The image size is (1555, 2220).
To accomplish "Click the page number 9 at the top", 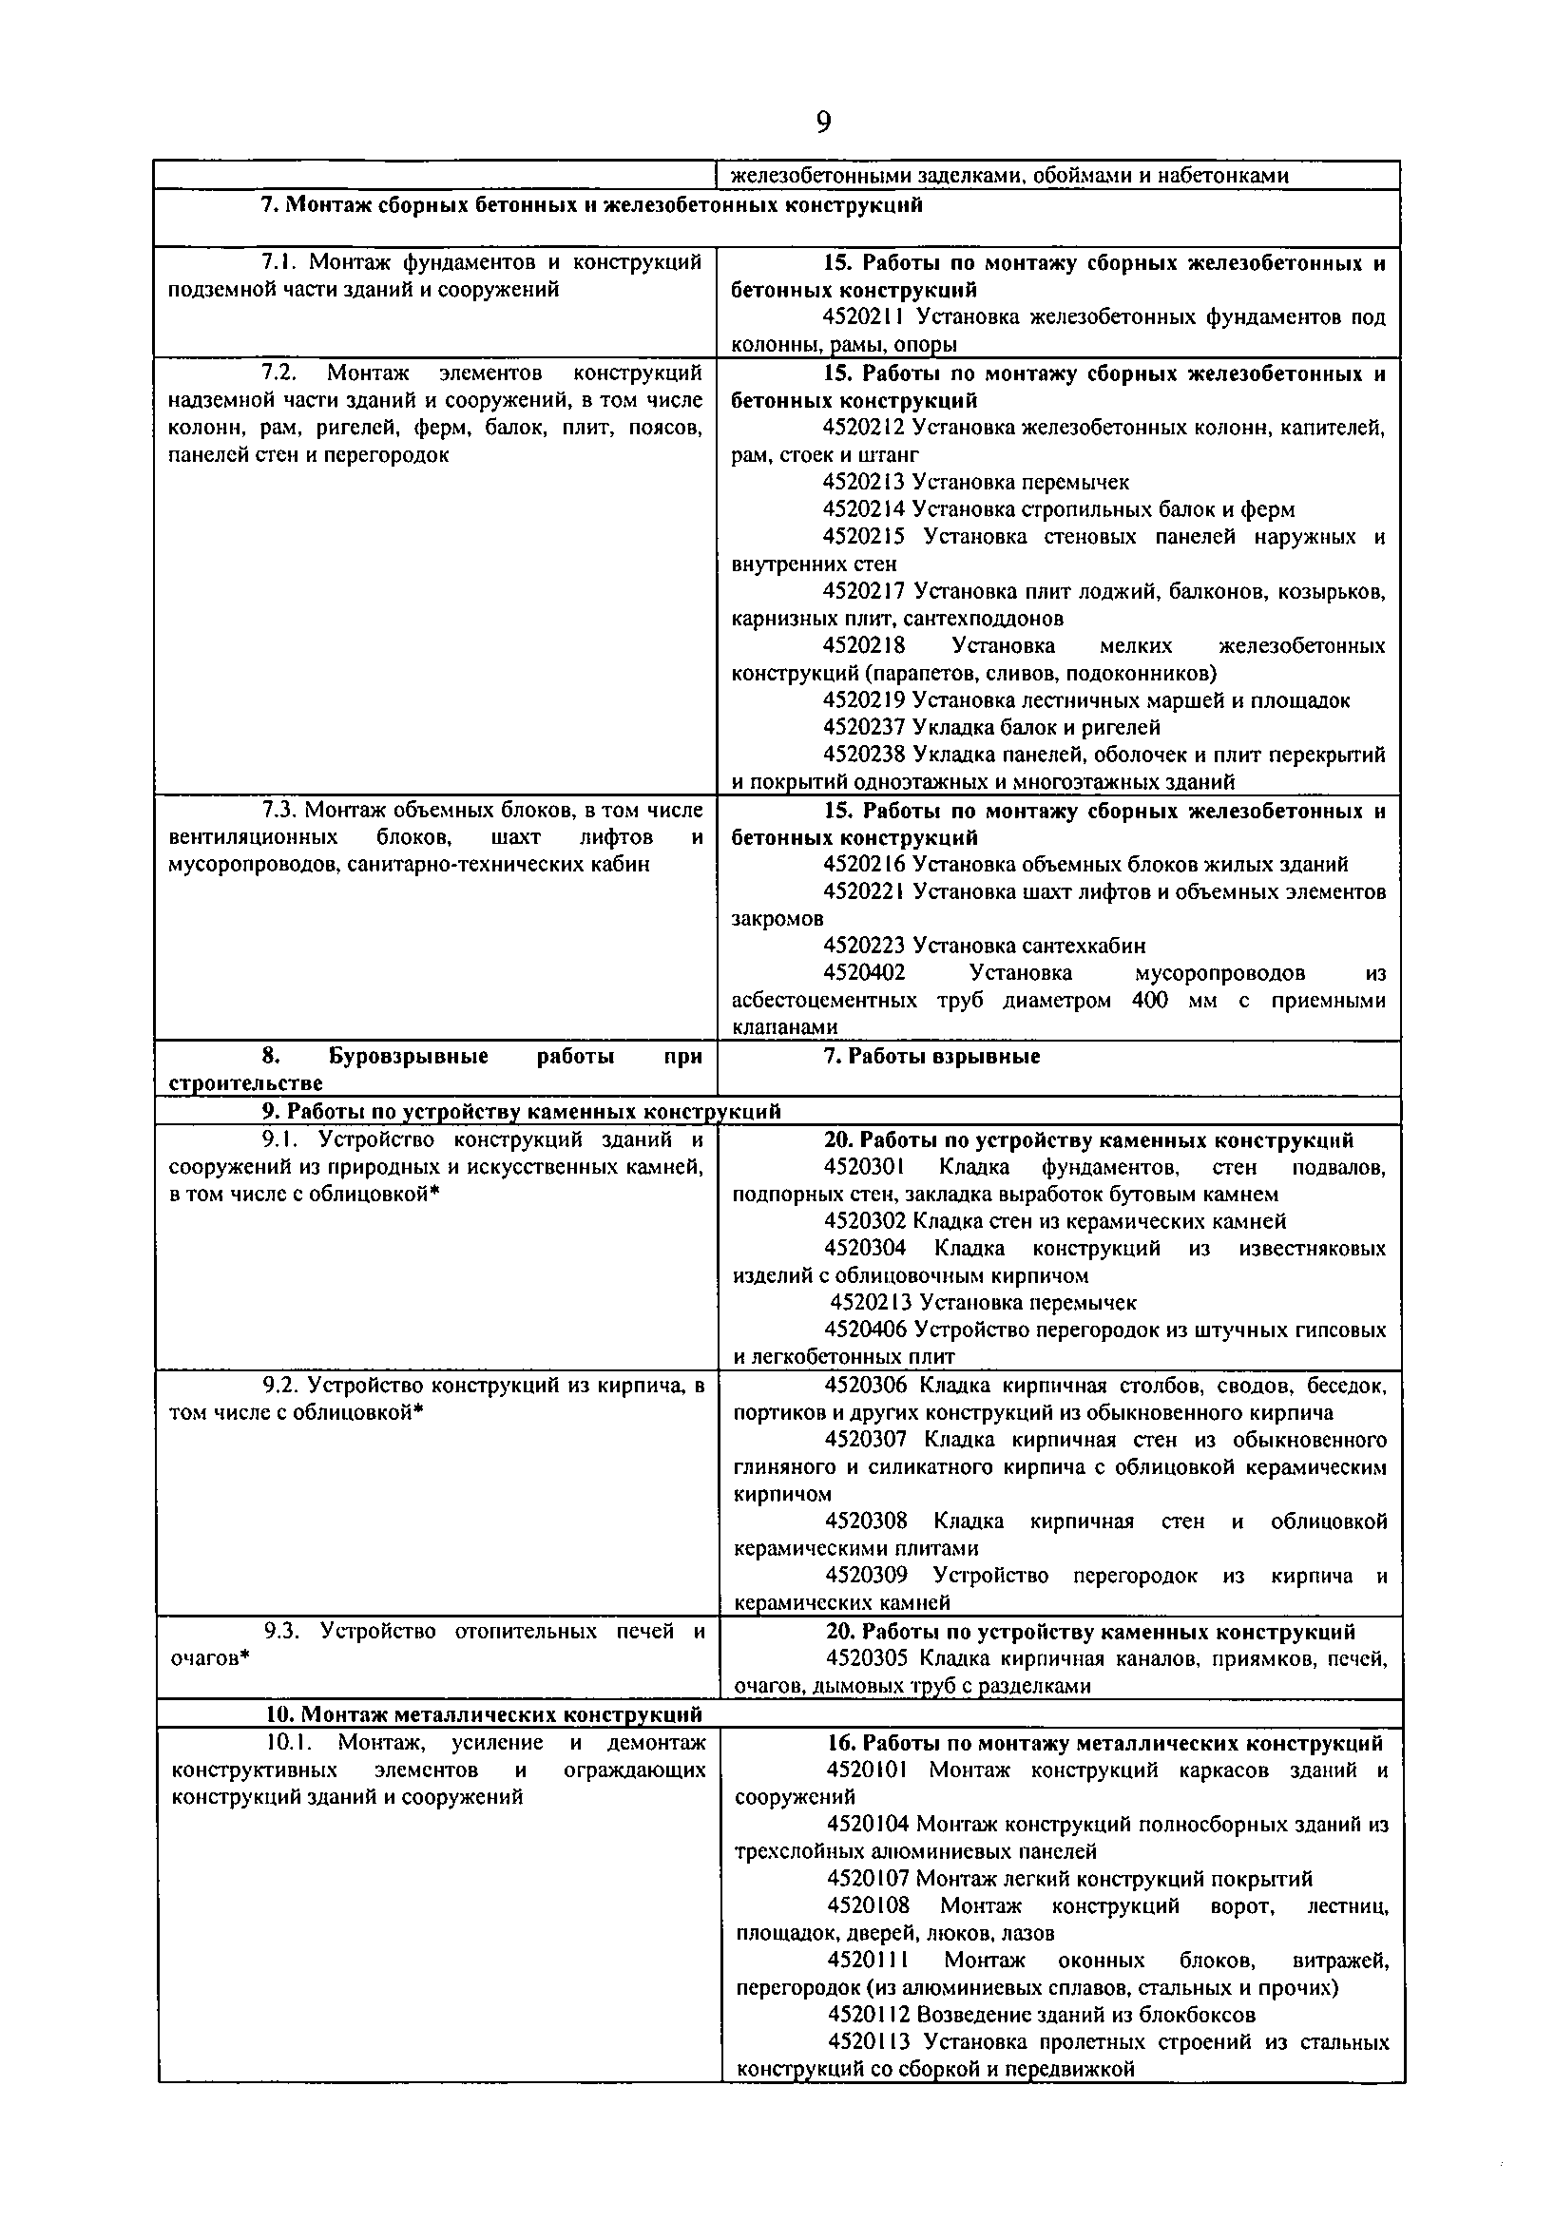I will [x=823, y=123].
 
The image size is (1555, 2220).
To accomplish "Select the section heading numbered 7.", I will [x=591, y=205].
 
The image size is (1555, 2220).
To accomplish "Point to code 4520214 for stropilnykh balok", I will [x=864, y=509].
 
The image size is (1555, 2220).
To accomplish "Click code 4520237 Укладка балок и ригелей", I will [x=864, y=727].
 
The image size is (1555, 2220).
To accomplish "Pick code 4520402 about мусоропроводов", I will [x=864, y=973].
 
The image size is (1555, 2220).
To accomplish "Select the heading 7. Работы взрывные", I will [x=931, y=1056].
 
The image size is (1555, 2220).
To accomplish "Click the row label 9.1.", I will [x=285, y=1141].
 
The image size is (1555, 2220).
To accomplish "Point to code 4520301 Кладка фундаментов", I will [x=866, y=1168].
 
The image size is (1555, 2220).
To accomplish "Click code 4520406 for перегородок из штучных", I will [x=866, y=1330].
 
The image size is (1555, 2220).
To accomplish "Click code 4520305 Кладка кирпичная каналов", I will [x=867, y=1659].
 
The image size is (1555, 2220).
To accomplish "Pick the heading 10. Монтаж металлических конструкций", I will [x=484, y=1715].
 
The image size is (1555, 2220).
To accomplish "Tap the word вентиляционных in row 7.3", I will [x=253, y=837].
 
